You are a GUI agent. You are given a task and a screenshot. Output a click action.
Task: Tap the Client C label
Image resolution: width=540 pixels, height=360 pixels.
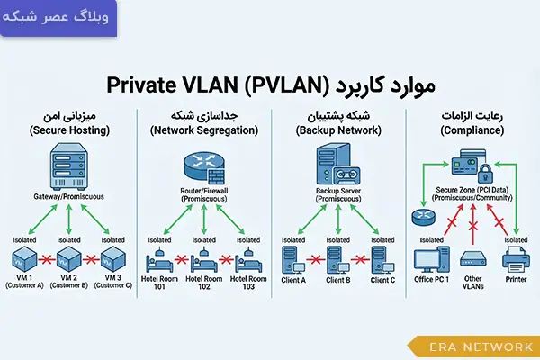382,280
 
